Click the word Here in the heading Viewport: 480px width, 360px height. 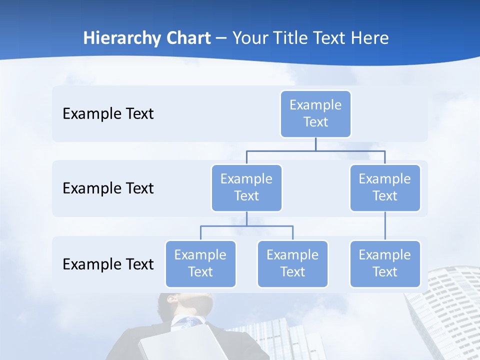pos(370,38)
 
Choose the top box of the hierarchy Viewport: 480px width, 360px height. pos(315,114)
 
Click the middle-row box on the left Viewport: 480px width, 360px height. pos(246,188)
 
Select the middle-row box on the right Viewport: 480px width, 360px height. pos(385,188)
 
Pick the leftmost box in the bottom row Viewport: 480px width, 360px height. pos(200,264)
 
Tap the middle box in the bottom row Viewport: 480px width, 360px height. pos(292,264)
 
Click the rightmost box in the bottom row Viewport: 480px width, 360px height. pos(385,264)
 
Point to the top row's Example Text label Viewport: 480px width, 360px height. pos(108,114)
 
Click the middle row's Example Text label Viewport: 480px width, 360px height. pos(108,188)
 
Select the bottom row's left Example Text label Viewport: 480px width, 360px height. pos(108,264)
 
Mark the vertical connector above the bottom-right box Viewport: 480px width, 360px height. pos(385,226)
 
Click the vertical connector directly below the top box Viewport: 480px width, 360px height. pos(315,144)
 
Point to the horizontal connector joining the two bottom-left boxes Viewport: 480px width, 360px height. pos(246,226)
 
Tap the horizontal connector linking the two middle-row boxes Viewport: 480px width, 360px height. pos(315,150)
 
